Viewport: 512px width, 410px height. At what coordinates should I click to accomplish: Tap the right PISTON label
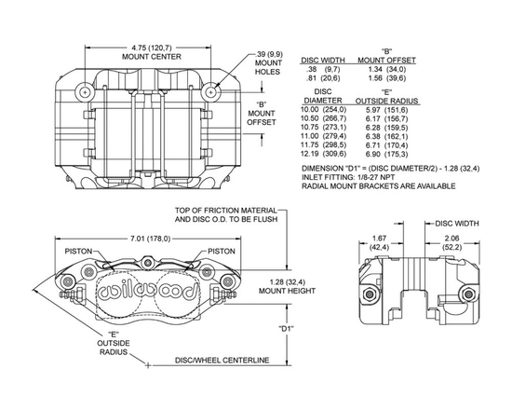(x=221, y=251)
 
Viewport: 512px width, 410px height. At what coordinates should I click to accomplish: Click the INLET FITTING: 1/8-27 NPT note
(x=352, y=176)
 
